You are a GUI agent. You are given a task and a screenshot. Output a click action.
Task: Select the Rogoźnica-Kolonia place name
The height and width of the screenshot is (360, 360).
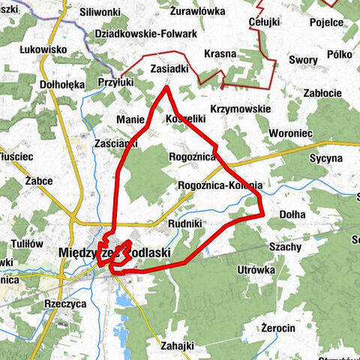click(x=220, y=184)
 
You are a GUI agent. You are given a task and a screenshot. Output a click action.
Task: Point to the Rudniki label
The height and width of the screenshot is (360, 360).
click(x=185, y=223)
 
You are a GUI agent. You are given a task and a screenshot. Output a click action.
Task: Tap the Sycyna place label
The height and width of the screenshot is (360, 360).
click(x=325, y=159)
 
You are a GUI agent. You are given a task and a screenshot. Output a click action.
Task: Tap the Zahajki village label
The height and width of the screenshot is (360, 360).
click(x=178, y=346)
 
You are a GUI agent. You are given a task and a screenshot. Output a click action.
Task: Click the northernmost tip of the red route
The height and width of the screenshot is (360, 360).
click(x=166, y=87)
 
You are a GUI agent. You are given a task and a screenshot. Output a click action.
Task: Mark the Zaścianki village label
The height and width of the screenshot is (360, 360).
click(x=115, y=141)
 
